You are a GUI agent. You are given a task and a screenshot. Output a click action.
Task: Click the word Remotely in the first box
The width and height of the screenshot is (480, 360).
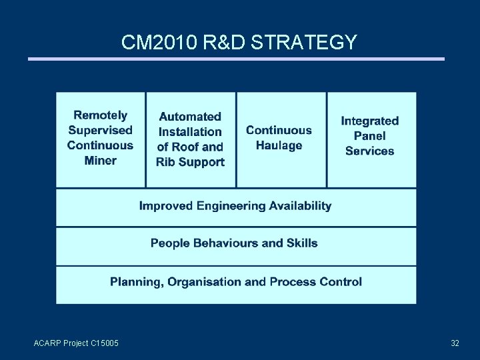coord(100,115)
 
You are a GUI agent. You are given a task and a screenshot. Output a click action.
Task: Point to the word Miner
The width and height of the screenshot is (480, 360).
coord(100,160)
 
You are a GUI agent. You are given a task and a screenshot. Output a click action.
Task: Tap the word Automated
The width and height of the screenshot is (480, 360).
coord(190,117)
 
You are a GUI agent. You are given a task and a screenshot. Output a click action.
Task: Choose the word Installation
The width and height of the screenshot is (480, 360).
coord(190,132)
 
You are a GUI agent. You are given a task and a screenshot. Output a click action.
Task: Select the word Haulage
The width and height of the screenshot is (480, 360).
coord(279,145)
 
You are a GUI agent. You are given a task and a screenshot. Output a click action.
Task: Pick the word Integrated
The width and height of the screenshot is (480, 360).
coord(369,121)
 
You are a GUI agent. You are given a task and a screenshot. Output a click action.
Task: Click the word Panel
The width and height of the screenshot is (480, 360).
coord(369,136)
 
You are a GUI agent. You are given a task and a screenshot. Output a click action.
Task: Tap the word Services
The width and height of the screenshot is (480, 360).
coord(369,151)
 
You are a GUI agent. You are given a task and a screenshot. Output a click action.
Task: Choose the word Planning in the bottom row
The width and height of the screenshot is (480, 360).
coord(136,282)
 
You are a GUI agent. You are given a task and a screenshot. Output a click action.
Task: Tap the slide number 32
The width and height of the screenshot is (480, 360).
coord(455,343)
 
